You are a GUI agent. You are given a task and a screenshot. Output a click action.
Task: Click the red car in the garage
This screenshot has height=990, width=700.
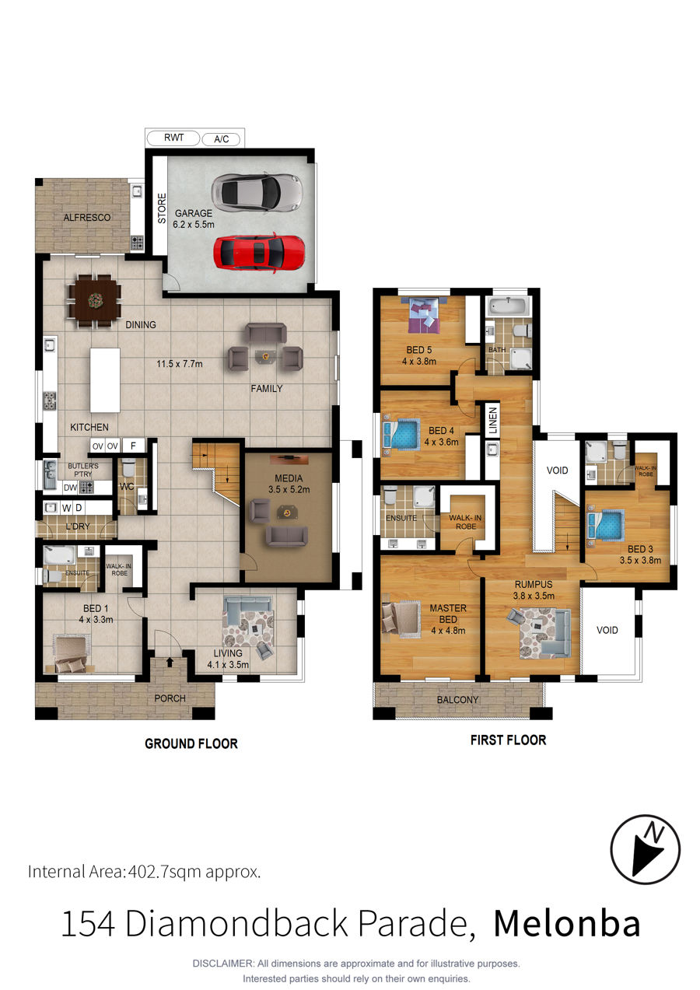point(259,253)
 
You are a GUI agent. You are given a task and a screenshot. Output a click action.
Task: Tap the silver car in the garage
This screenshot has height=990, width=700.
point(257,191)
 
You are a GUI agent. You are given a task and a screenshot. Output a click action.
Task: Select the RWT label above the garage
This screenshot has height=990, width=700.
point(173,138)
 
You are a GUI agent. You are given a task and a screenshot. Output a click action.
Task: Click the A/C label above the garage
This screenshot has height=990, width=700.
point(222,139)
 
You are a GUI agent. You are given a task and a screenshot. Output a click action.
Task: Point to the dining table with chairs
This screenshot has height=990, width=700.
point(95,301)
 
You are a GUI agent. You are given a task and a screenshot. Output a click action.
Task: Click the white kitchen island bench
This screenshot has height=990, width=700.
point(105,380)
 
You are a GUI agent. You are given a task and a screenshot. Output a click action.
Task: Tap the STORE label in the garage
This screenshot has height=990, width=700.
point(162,208)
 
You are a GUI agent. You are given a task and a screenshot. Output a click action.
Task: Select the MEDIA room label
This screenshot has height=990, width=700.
point(289,478)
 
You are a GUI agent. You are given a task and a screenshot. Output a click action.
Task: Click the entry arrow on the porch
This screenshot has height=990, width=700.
point(170,662)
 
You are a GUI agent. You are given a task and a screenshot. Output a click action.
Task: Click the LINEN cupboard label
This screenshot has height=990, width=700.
point(493,420)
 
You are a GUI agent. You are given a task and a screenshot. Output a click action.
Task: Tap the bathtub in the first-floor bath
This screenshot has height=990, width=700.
point(508,306)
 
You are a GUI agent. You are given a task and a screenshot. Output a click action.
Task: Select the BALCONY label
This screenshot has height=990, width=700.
point(457,700)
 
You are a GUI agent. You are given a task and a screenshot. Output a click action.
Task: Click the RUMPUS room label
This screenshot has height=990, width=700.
point(534,584)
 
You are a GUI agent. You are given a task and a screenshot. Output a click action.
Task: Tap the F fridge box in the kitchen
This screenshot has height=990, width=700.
point(132,446)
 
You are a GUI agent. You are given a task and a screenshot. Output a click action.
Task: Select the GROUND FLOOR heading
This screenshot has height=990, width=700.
point(191,743)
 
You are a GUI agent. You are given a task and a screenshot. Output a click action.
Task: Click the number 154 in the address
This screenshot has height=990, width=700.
point(88,923)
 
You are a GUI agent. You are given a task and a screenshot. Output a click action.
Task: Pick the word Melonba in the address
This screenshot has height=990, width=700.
point(567,923)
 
